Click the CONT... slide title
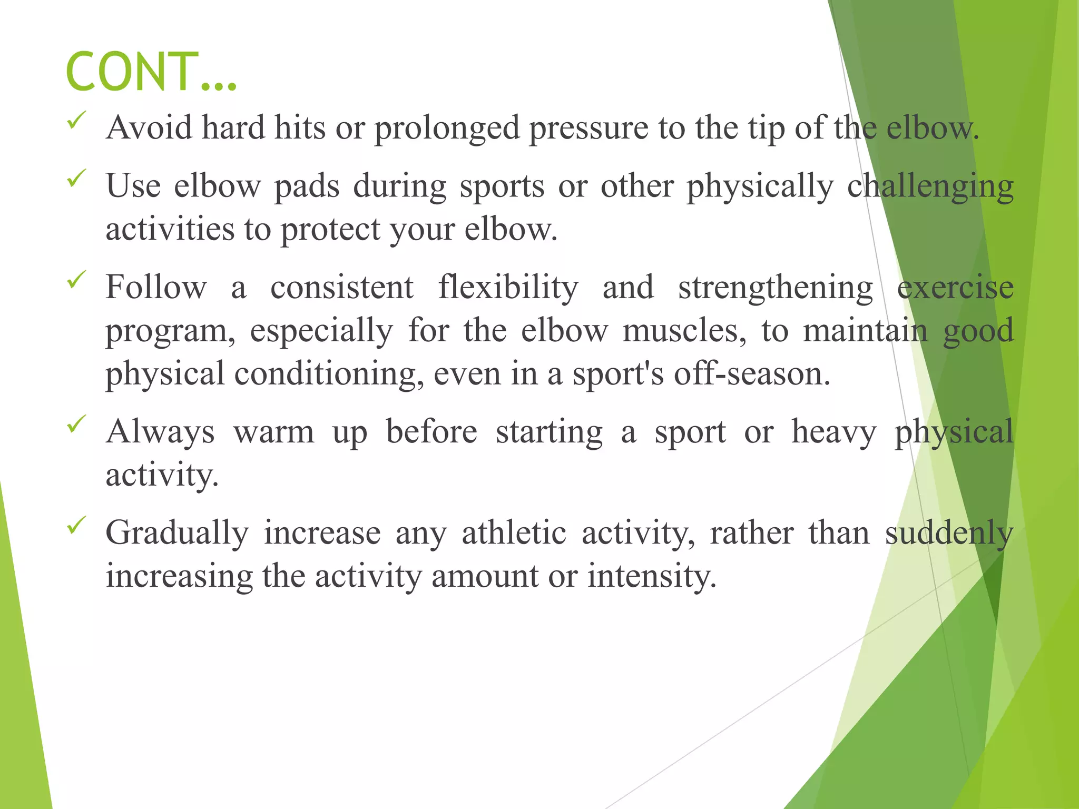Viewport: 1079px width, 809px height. tap(151, 72)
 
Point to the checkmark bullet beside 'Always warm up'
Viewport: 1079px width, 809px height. tap(76, 424)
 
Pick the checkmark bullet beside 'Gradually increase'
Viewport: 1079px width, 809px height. tap(76, 525)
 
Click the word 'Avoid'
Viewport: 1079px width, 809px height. tap(149, 128)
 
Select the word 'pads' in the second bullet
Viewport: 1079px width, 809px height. tap(307, 186)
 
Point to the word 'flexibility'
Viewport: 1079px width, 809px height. tap(508, 288)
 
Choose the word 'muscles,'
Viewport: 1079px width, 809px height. tap(684, 331)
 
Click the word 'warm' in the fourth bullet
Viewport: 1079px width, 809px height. tap(274, 432)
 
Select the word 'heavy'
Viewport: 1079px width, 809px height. tap(834, 432)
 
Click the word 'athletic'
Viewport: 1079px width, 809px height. tap(514, 533)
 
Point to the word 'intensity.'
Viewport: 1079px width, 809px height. tap(652, 576)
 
